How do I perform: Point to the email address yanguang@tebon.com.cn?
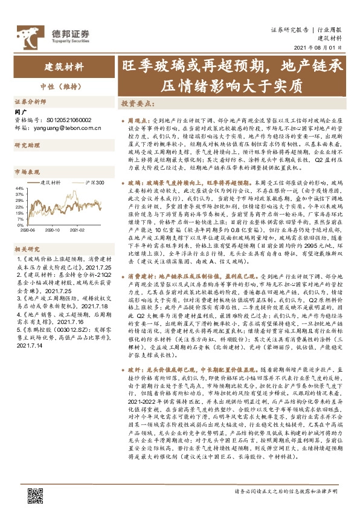[66, 128]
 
